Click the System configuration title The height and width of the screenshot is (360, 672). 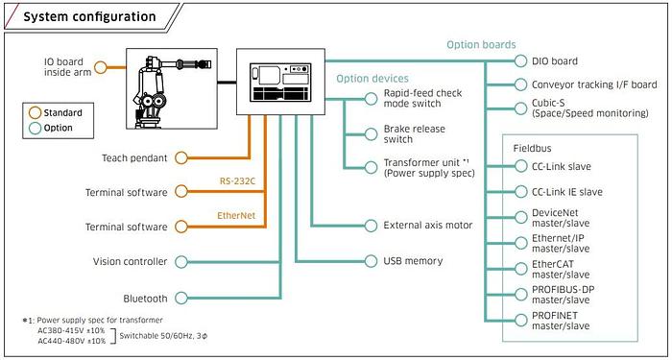89,17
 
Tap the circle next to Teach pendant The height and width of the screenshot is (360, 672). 181,157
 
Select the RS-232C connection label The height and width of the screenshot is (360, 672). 237,181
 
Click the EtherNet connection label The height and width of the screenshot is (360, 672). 236,216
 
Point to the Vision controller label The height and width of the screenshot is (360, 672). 131,261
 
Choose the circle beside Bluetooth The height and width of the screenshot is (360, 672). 181,299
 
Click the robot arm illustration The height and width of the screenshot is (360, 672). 172,88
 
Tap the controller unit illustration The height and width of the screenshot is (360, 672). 280,82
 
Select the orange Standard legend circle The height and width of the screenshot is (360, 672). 35,113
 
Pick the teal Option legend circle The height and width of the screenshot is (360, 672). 35,128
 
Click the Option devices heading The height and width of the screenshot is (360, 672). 372,79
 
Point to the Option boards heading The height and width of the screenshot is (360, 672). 481,44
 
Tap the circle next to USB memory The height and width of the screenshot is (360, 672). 371,261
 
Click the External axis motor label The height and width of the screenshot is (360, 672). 428,225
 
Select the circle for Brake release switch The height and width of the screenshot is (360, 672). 371,134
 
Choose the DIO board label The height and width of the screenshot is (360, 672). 555,61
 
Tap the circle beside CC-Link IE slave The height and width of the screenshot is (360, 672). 520,192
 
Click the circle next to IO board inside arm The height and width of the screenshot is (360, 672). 100,67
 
